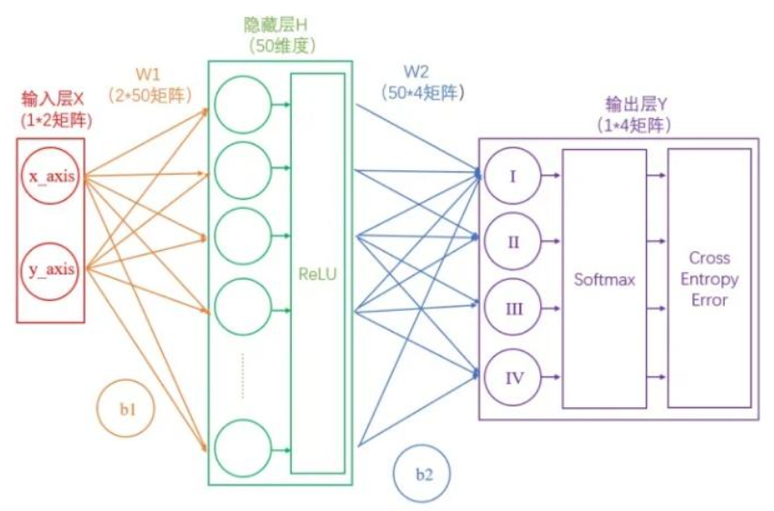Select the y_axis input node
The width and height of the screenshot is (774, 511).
click(x=51, y=269)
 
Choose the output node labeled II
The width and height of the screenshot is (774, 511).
click(x=512, y=242)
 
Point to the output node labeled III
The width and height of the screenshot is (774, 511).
click(x=512, y=308)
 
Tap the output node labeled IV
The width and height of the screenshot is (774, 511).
click(x=512, y=375)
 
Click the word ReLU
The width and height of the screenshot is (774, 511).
click(x=317, y=272)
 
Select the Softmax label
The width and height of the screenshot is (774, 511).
click(x=604, y=279)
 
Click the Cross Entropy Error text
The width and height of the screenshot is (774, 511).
click(x=709, y=278)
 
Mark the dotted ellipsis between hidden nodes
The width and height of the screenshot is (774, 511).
click(x=244, y=375)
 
